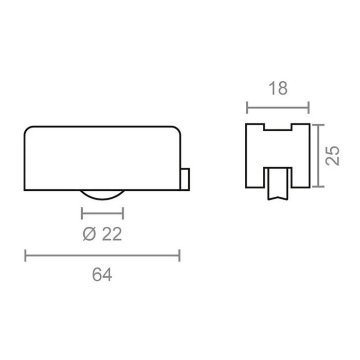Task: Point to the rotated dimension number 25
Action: click(333, 155)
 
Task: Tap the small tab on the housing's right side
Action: click(186, 178)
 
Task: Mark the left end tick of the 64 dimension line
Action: click(26, 255)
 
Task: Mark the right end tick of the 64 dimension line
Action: click(179, 255)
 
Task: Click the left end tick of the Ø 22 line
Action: click(82, 212)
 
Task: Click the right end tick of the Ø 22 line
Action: click(123, 212)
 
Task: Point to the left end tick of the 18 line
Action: click(247, 107)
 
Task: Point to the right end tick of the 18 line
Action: click(309, 107)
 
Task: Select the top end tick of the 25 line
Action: click(319, 124)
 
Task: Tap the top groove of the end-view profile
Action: click(278, 128)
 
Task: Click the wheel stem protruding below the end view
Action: click(278, 185)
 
